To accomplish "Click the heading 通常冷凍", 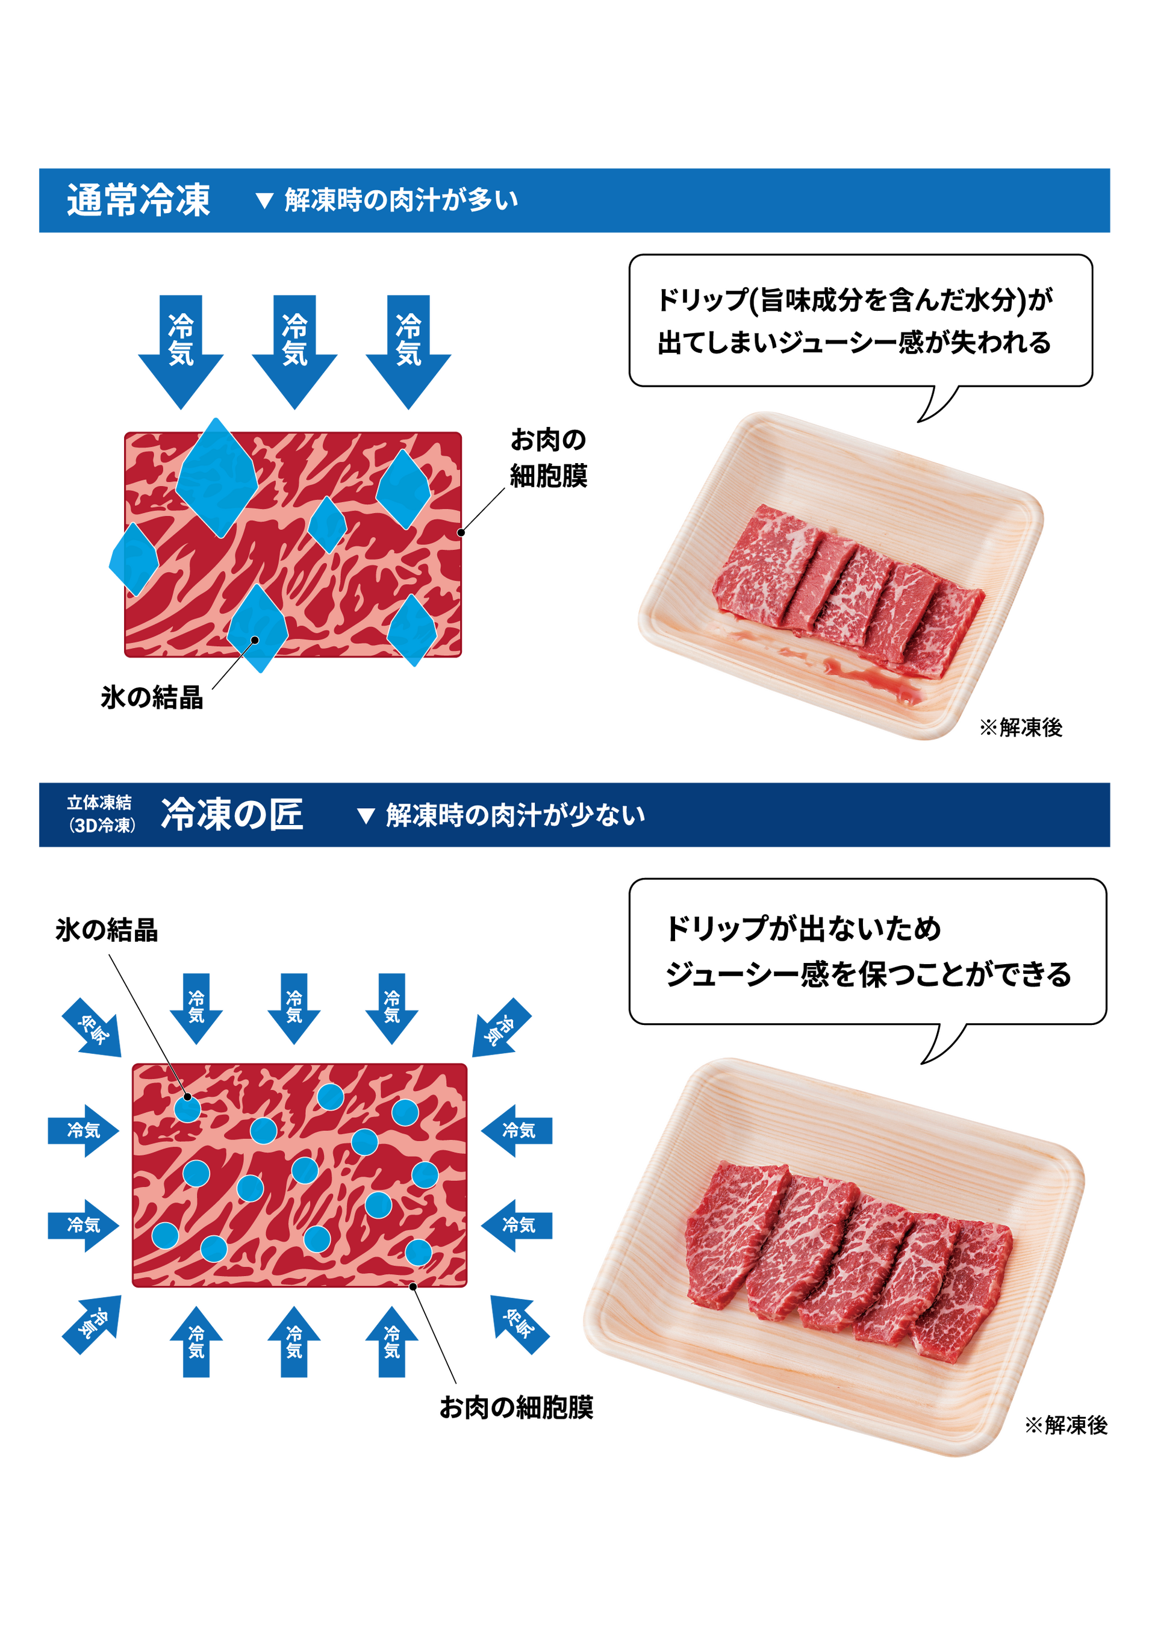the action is (138, 200).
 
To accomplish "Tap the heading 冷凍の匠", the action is (232, 814).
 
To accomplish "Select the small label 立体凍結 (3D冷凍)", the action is (100, 814).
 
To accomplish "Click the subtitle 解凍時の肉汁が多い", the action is (400, 201).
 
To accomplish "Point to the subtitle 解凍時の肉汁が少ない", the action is (515, 815).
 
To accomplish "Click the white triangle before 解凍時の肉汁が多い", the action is (264, 201).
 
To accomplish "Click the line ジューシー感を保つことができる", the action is (868, 974).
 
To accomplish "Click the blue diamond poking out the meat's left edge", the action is (133, 559).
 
